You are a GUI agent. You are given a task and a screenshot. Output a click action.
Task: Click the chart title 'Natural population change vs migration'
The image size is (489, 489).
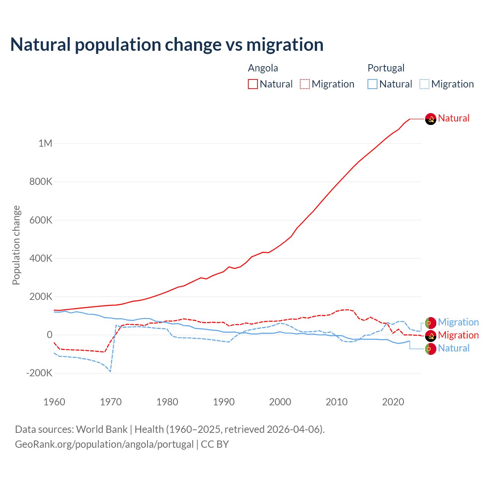pyautogui.click(x=167, y=45)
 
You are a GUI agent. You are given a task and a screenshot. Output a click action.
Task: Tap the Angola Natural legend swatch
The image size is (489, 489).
pyautogui.click(x=253, y=84)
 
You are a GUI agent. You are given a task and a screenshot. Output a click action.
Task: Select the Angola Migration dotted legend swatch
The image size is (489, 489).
pyautogui.click(x=305, y=84)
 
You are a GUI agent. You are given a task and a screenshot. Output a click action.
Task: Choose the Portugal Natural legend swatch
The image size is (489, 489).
pyautogui.click(x=372, y=84)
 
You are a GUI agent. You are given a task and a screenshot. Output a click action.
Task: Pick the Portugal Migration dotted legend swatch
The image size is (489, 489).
pyautogui.click(x=424, y=84)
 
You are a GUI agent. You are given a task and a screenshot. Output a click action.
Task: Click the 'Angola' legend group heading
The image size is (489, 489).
pyautogui.click(x=263, y=68)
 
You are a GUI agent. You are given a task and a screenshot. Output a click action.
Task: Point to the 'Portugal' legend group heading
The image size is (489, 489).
pyautogui.click(x=386, y=68)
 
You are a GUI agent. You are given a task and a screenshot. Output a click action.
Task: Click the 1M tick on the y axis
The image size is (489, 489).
pyautogui.click(x=45, y=143)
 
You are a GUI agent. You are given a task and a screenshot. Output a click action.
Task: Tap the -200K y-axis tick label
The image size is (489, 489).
pyautogui.click(x=39, y=373)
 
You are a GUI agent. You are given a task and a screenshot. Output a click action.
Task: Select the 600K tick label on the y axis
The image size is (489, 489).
pyautogui.click(x=41, y=220)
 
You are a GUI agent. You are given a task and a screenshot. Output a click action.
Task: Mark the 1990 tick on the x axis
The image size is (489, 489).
pyautogui.click(x=224, y=402)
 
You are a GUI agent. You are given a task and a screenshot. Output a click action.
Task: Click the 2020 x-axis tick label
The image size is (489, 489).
pyautogui.click(x=393, y=402)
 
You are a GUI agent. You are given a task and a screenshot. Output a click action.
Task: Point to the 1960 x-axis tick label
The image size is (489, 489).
pyautogui.click(x=55, y=402)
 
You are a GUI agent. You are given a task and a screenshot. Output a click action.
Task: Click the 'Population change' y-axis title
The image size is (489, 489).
pyautogui.click(x=16, y=245)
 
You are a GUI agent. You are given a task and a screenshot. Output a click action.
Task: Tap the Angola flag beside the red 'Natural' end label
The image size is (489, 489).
pyautogui.click(x=431, y=119)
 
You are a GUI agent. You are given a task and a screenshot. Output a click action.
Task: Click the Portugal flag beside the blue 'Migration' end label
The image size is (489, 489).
pyautogui.click(x=431, y=323)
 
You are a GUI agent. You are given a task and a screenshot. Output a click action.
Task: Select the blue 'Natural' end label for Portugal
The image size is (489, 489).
pyautogui.click(x=453, y=348)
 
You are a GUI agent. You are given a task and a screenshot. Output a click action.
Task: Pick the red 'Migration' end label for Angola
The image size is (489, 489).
pyautogui.click(x=458, y=335)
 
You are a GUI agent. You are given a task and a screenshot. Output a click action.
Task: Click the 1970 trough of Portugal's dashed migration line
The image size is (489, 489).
pyautogui.click(x=110, y=371)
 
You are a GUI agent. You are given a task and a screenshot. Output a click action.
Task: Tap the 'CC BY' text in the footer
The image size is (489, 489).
pyautogui.click(x=215, y=444)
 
